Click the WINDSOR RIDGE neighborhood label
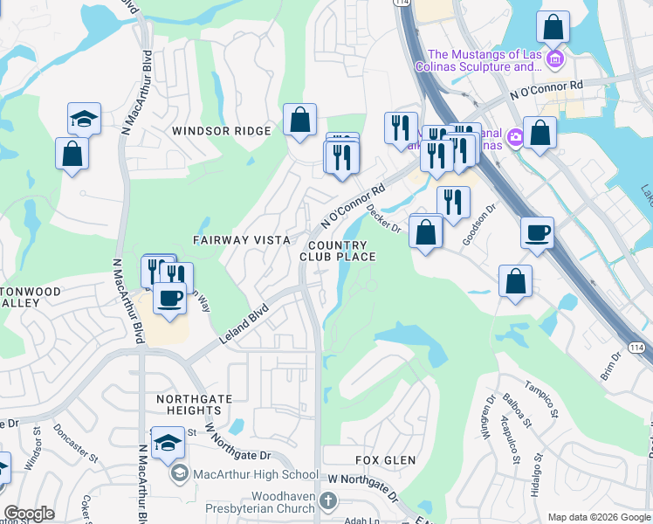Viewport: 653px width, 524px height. [222, 131]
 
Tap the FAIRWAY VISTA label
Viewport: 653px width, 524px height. [233, 239]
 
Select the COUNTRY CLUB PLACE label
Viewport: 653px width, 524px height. [338, 252]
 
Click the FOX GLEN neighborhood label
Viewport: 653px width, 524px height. [385, 459]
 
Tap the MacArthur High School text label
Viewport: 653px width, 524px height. [257, 474]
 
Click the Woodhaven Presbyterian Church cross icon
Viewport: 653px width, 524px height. [328, 500]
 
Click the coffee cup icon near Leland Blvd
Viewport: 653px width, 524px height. [169, 298]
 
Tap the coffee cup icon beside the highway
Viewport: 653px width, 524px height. [537, 232]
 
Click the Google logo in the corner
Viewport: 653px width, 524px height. [29, 514]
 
